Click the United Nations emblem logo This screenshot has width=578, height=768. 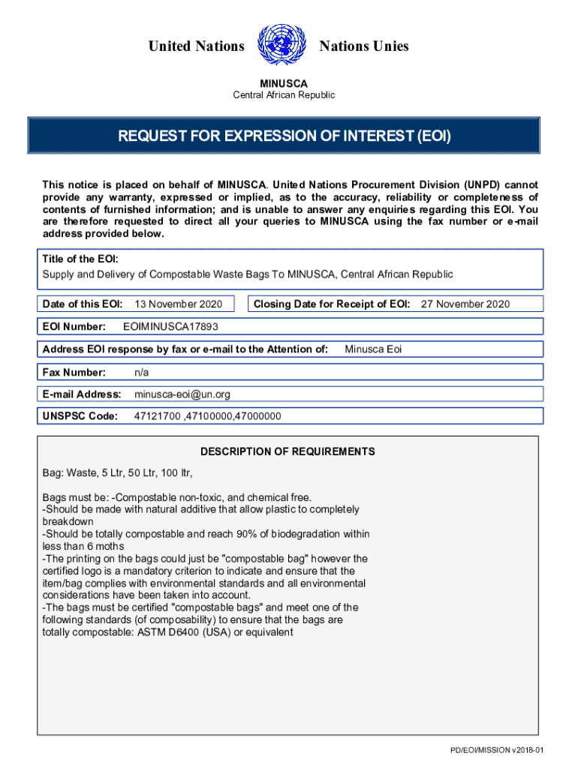coord(282,46)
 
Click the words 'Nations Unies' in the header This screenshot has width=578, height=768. coord(364,46)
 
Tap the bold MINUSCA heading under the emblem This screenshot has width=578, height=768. coord(284,83)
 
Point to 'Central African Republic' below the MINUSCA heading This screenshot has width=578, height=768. coord(284,95)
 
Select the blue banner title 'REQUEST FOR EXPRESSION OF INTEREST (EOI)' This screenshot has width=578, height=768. coord(284,136)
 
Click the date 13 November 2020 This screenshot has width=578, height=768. coord(178,304)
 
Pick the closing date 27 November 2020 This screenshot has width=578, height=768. coord(465,304)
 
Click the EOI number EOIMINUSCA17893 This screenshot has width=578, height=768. coord(170,326)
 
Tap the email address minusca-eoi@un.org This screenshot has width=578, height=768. coord(182,394)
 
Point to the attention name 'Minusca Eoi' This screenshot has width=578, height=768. coord(373,349)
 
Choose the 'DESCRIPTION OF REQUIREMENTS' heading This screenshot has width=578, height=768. coord(287,451)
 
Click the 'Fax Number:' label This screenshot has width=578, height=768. coord(74,372)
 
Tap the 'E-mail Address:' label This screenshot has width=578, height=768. coord(82,394)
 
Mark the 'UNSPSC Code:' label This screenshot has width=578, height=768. coord(80,416)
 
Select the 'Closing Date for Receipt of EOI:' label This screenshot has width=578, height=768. coord(332,304)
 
